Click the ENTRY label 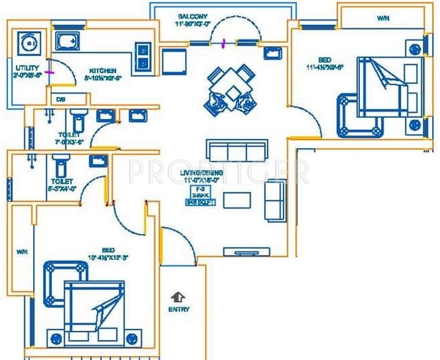point(178,309)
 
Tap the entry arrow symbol point(178,297)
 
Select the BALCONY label point(194,16)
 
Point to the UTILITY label point(27,68)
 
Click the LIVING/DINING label point(202,173)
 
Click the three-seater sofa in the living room point(236,149)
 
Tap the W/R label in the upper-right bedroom point(383,19)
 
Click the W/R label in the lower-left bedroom point(22,251)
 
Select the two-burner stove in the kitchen point(144,55)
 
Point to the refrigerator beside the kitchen point(173,59)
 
